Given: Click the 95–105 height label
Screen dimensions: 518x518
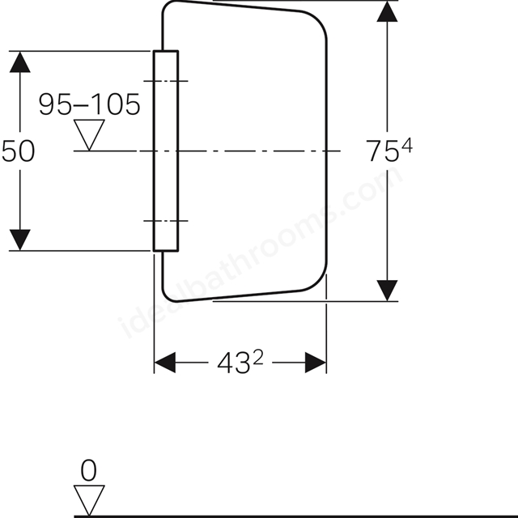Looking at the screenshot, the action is pos(89,104).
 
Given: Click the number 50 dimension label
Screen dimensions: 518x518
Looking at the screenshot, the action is pos(18,151).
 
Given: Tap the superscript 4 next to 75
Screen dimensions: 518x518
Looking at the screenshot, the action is pos(406,146).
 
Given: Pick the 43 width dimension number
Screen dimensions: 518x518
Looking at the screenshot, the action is pos(233,363).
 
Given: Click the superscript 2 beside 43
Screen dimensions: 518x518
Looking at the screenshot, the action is pos(258,358).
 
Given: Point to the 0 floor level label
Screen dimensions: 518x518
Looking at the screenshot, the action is pos(89,470).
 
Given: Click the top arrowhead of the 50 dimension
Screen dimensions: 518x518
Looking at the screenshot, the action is pos(19,62).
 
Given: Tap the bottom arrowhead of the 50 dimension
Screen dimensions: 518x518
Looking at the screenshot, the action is pos(19,240).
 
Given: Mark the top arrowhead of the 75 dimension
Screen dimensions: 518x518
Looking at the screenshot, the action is pos(387,11).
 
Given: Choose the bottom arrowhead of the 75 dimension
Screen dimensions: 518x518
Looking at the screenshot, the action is pos(387,291).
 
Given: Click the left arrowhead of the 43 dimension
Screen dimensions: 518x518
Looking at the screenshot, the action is pos(165,363).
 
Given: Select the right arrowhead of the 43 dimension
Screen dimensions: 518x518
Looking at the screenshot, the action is pos(316,363).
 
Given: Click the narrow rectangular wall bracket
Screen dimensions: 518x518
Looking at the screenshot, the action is pos(166,151).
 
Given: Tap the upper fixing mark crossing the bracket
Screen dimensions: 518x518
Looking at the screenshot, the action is pos(166,81).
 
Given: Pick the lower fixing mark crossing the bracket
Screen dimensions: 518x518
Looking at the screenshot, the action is pos(166,221).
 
